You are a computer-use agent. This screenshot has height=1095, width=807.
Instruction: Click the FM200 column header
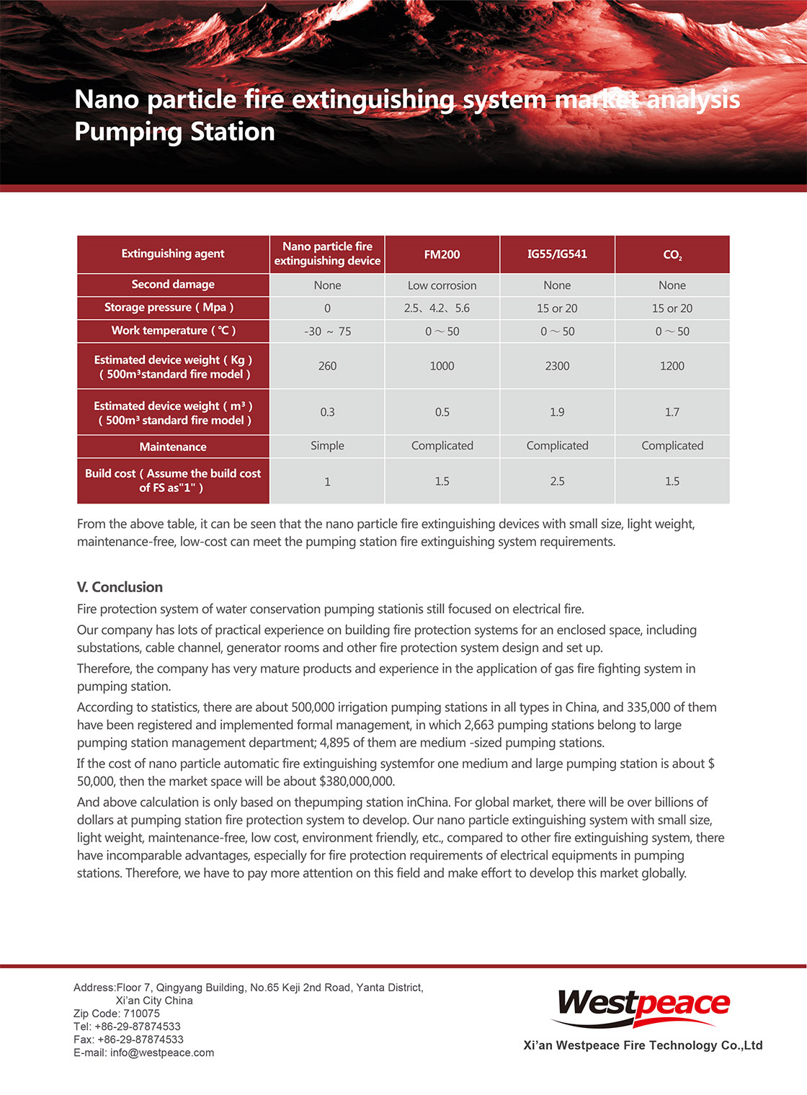pyautogui.click(x=442, y=254)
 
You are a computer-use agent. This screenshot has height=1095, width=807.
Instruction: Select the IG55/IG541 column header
pyautogui.click(x=557, y=254)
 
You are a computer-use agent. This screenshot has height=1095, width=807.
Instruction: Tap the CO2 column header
pyautogui.click(x=672, y=255)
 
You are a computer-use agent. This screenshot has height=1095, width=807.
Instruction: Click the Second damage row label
pyautogui.click(x=173, y=285)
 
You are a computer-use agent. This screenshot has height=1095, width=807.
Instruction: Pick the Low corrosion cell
pyautogui.click(x=442, y=285)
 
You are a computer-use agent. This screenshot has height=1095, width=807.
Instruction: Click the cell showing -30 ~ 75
pyautogui.click(x=327, y=331)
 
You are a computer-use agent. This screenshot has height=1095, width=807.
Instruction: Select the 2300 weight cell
pyautogui.click(x=557, y=366)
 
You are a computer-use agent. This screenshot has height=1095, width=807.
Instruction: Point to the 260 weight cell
pyautogui.click(x=327, y=366)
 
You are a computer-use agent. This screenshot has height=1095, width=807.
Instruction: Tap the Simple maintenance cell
pyautogui.click(x=327, y=446)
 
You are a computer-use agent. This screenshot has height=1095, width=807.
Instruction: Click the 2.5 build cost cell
pyautogui.click(x=557, y=481)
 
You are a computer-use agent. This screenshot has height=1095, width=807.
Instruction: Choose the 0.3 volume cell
pyautogui.click(x=327, y=412)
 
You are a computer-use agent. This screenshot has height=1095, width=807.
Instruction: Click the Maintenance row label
pyautogui.click(x=173, y=447)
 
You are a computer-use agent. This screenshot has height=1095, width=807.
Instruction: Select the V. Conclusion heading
pyautogui.click(x=120, y=587)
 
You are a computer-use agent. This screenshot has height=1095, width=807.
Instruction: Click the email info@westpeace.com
pyautogui.click(x=161, y=1052)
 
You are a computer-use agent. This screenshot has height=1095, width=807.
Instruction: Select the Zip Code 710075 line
pyautogui.click(x=117, y=1014)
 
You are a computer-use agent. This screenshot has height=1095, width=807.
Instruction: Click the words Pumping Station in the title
pyautogui.click(x=174, y=132)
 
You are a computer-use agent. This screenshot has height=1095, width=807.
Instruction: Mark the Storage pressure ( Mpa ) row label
pyautogui.click(x=169, y=308)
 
